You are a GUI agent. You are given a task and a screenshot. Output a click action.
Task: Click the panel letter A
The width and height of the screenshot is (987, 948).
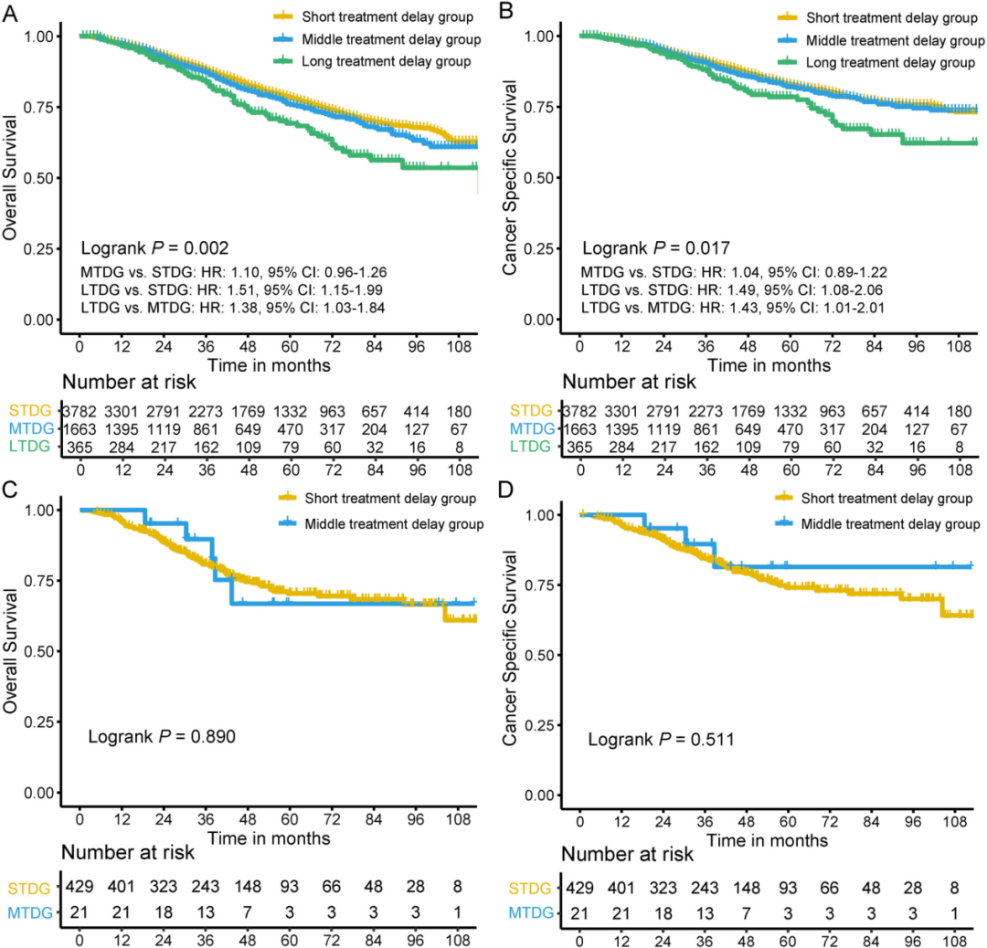[10, 13]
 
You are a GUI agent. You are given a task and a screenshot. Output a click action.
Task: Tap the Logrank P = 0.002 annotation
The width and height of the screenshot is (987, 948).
[154, 248]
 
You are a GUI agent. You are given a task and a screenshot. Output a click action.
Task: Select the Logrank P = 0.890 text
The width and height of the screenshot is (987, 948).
[162, 737]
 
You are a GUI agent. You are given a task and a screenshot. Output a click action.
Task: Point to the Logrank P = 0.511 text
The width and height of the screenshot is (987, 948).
[661, 739]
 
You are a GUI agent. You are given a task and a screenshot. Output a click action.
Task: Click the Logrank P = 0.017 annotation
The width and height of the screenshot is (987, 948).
[656, 248]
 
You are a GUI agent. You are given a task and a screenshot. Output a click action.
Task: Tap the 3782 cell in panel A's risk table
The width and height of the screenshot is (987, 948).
[80, 411]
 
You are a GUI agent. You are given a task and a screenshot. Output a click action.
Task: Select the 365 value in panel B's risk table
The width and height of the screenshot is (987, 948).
[580, 448]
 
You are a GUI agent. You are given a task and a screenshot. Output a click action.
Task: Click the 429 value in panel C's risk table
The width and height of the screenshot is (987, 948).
[80, 886]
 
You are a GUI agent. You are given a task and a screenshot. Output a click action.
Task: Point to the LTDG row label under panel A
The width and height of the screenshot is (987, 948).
[29, 446]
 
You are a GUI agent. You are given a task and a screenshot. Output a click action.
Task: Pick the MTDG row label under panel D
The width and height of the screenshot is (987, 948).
[531, 912]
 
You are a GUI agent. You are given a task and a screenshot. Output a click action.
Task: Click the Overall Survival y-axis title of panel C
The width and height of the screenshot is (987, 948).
[10, 651]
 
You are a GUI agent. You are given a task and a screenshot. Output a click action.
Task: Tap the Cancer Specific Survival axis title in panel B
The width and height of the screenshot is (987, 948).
[509, 177]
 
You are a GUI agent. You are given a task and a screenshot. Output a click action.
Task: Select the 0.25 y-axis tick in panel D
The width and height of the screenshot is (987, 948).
[539, 725]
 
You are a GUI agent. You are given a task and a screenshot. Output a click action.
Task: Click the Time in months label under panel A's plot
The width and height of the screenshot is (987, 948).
[269, 365]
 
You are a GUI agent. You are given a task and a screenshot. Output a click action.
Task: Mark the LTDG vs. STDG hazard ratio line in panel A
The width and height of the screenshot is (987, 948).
[231, 290]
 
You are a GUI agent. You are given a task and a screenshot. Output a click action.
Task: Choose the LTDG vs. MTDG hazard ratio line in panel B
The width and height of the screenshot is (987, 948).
[733, 308]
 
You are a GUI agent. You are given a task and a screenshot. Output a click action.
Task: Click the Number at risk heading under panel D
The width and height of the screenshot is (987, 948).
[627, 854]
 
